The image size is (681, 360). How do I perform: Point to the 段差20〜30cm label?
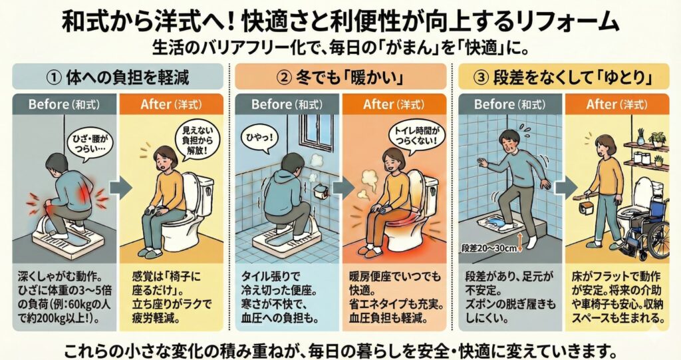pyautogui.click(x=489, y=248)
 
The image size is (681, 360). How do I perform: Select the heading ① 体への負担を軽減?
pyautogui.click(x=118, y=78)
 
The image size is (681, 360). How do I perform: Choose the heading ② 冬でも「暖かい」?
pyautogui.click(x=340, y=78)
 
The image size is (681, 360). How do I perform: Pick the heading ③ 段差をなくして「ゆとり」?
pyautogui.click(x=564, y=78)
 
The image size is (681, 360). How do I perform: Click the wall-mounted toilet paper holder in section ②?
pyautogui.click(x=321, y=191)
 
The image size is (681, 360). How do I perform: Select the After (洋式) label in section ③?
pyautogui.click(x=616, y=104)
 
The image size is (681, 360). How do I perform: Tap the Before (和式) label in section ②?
pyautogui.click(x=287, y=104)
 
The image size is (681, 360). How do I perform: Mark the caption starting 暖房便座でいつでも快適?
pyautogui.click(x=395, y=297)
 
